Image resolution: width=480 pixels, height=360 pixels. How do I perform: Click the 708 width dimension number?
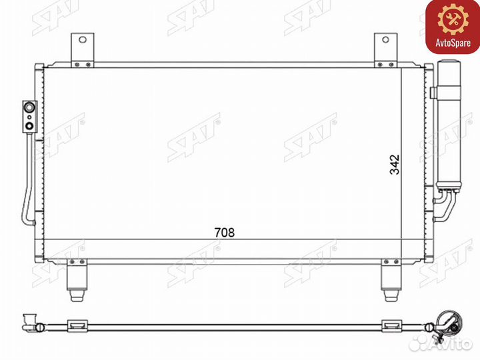coord(225,233)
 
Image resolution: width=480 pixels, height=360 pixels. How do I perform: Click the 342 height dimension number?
coord(395,165)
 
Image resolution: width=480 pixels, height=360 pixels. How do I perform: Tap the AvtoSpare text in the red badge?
coord(453,43)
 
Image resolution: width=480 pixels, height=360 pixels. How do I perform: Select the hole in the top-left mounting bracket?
coord(83,39)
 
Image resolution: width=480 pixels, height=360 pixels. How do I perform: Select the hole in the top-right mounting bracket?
coord(386,39)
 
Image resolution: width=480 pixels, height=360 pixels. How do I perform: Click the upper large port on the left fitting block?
coord(30,107)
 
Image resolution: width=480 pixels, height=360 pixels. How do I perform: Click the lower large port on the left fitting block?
coord(30,125)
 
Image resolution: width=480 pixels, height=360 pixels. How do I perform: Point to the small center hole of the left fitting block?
coord(29,117)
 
